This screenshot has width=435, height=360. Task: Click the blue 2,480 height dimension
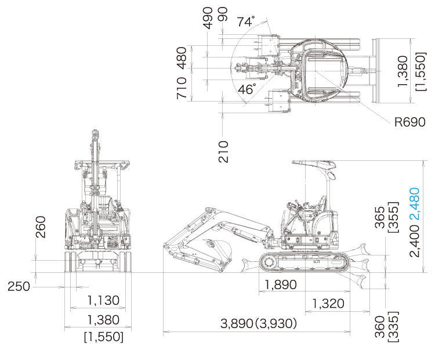[x=415, y=203]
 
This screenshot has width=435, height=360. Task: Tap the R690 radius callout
[x=409, y=122]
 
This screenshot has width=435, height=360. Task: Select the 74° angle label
[x=245, y=21]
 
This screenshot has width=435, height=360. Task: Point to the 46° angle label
[x=246, y=89]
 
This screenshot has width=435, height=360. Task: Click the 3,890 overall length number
[x=237, y=323]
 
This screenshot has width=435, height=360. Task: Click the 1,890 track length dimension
[x=281, y=285]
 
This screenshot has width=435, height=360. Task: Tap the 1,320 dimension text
[x=328, y=304]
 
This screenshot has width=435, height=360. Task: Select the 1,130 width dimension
[x=103, y=301]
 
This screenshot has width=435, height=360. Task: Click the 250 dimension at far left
[x=19, y=286]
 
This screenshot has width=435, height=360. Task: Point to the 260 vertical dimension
[x=41, y=227]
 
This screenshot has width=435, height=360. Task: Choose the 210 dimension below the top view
[x=223, y=152]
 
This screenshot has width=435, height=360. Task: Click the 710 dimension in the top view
[x=182, y=88]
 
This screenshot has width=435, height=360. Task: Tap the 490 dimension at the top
[x=208, y=18]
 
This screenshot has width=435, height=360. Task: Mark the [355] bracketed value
[x=393, y=217]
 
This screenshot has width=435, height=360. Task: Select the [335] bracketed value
[x=393, y=327]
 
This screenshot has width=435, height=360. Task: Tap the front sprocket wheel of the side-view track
[x=269, y=262]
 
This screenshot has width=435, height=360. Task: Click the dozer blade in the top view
[x=376, y=71]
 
